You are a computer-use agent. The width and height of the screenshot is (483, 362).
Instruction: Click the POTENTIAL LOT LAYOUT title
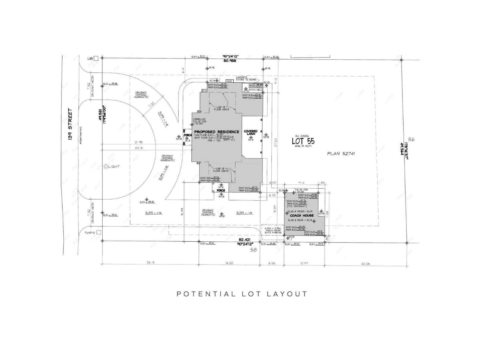[242, 294]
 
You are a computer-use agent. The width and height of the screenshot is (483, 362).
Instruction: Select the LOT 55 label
[303, 141]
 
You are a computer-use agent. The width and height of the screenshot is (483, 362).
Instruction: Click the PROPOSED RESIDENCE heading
[216, 132]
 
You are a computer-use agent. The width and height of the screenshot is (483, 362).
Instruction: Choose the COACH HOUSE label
[302, 215]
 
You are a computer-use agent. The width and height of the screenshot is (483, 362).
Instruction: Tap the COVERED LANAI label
[251, 132]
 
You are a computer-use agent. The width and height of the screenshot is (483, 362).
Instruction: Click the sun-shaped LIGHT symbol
[106, 166]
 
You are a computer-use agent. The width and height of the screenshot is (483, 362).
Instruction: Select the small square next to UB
[96, 59]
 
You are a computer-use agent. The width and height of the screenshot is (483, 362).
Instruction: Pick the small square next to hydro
[98, 232]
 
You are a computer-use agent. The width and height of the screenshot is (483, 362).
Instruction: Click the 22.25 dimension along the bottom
[365, 264]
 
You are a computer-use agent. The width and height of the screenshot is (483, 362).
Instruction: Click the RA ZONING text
[302, 136]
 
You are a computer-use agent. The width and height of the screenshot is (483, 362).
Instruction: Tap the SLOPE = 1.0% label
[245, 213]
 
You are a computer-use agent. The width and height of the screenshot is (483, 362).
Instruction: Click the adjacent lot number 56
[411, 139]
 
